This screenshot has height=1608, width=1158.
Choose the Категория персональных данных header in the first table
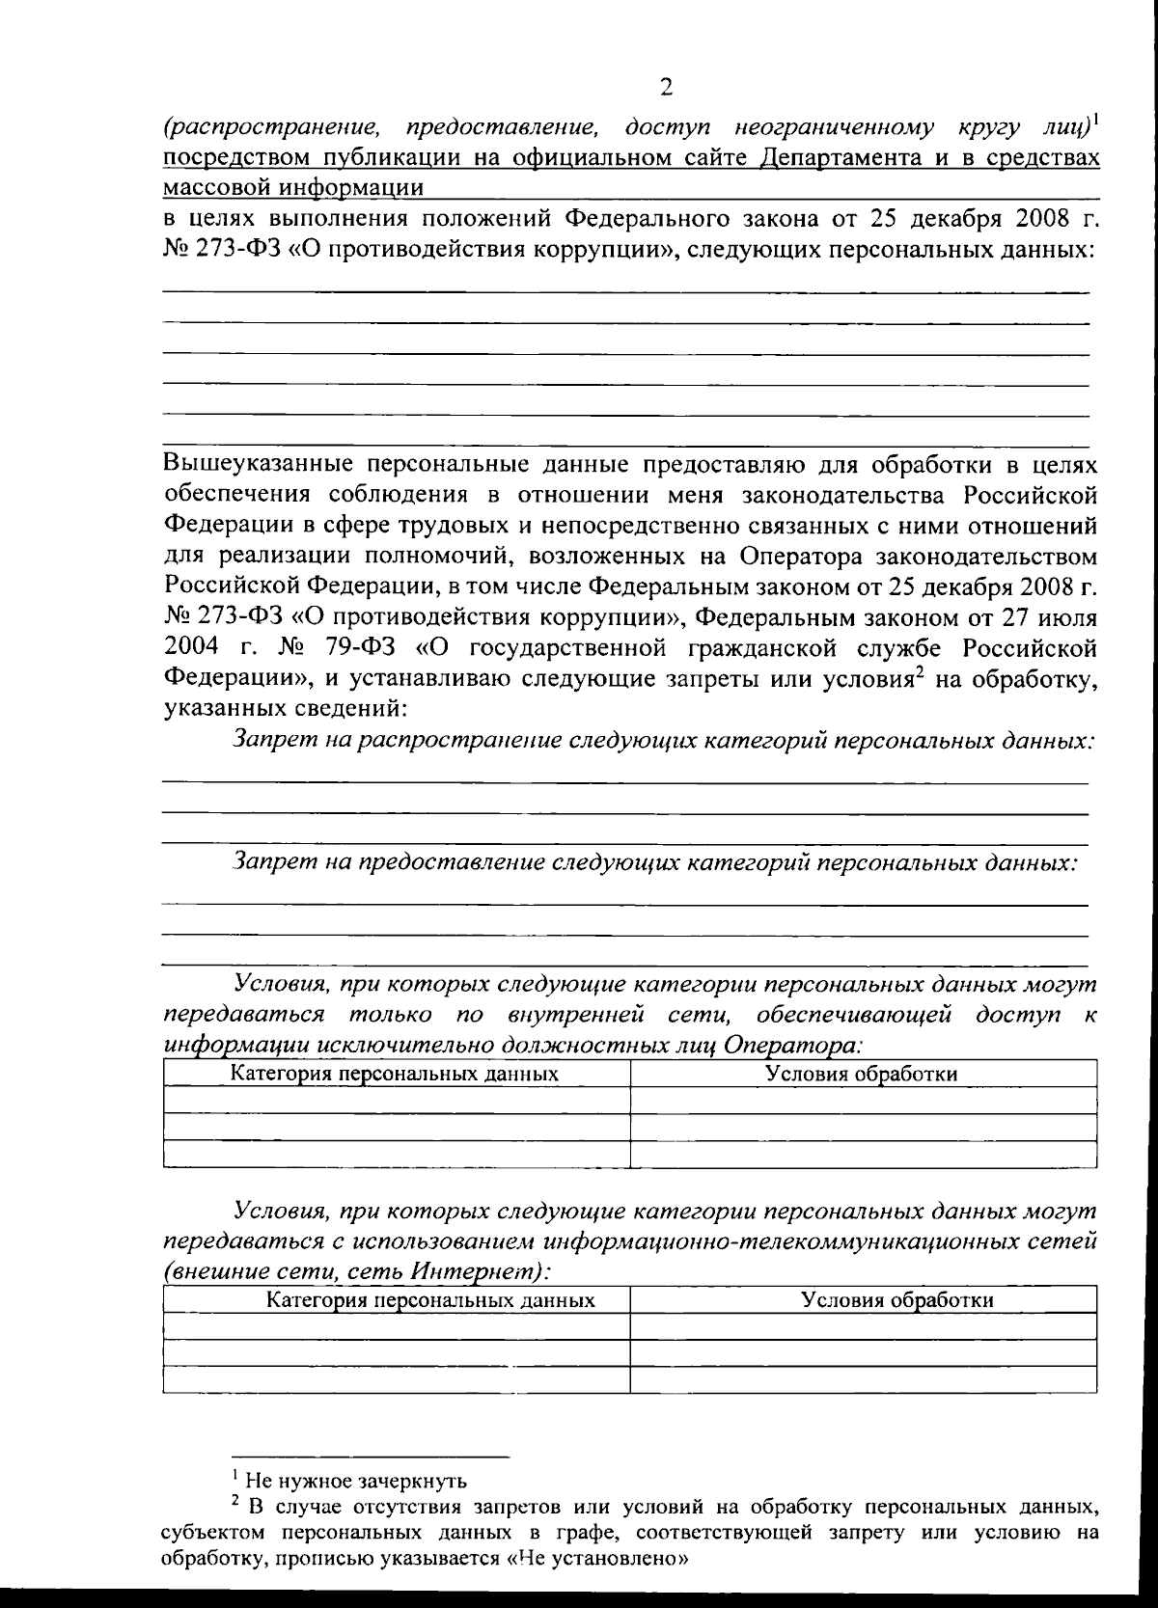click(x=394, y=1073)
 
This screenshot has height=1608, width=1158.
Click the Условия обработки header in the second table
click(x=897, y=1300)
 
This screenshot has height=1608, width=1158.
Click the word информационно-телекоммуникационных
click(x=734, y=1240)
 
